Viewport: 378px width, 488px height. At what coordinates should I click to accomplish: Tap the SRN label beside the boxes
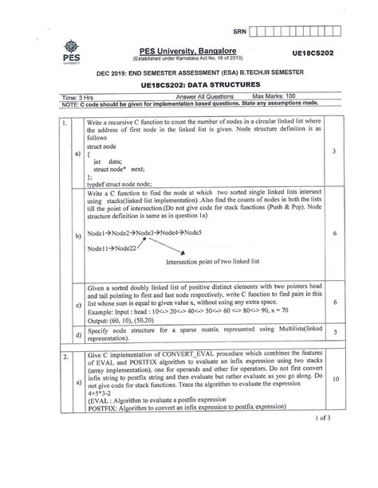(x=237, y=31)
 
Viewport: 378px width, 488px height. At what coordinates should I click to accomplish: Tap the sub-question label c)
(x=78, y=305)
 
